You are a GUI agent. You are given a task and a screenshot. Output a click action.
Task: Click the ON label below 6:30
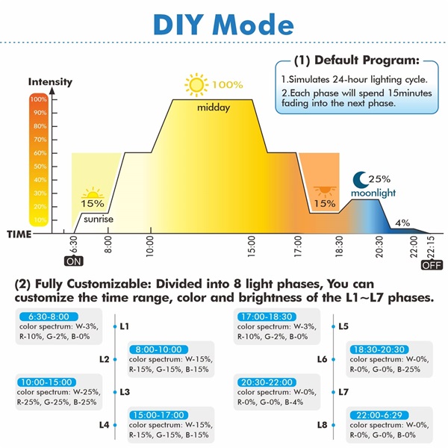74,261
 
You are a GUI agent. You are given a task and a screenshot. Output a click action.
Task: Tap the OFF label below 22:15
432,265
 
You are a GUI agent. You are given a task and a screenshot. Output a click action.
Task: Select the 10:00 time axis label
150,246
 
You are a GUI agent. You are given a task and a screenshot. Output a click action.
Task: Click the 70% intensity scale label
40,140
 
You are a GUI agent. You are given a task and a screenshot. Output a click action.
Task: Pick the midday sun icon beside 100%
196,84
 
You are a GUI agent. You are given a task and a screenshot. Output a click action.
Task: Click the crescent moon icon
361,179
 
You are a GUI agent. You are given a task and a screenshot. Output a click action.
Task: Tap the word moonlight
373,193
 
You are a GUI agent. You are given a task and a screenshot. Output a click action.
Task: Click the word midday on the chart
214,108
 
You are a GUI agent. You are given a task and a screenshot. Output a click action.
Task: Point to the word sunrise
99,219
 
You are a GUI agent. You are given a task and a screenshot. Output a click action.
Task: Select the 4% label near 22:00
402,223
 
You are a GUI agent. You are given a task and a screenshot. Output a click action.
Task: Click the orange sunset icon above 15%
325,191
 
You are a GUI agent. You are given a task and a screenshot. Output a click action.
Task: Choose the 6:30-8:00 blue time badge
49,317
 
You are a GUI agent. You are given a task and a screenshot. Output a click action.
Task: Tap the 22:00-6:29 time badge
379,415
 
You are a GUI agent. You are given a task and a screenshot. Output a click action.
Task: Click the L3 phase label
125,392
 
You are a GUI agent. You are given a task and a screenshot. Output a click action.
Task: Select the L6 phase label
322,359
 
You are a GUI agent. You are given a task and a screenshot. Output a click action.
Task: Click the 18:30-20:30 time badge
379,349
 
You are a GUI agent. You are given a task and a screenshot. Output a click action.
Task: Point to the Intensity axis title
50,81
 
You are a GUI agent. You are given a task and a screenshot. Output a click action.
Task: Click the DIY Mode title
223,25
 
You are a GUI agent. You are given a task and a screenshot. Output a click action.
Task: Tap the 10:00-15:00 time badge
46,382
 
